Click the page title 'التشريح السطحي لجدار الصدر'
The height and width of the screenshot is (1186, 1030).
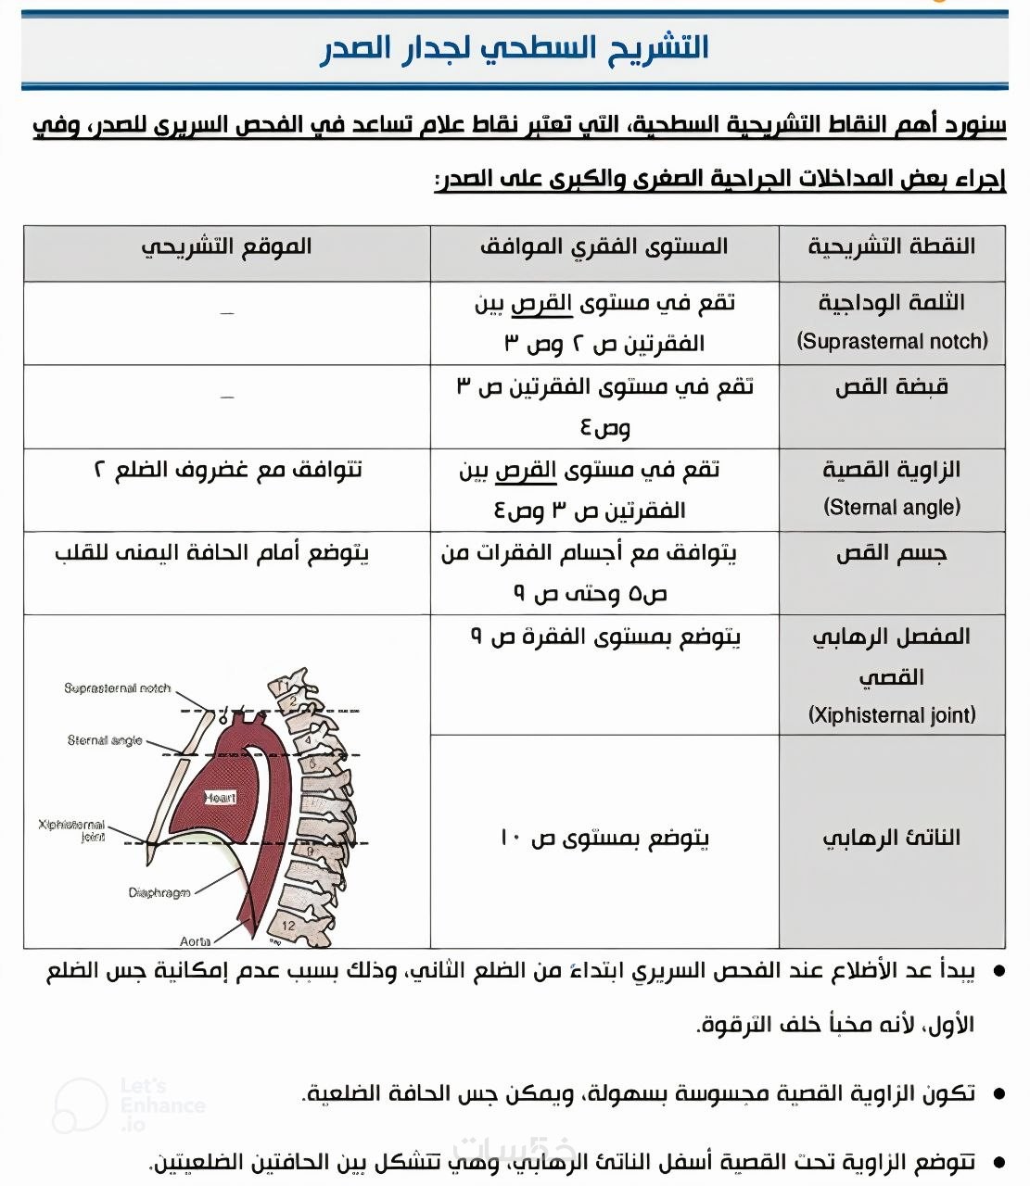click(x=515, y=48)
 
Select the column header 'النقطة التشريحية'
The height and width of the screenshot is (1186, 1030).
click(x=891, y=246)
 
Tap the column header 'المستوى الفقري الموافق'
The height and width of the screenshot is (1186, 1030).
click(x=604, y=246)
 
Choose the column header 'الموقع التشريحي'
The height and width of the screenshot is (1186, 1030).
click(x=226, y=246)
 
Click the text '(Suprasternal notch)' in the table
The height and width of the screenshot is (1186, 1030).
click(x=892, y=342)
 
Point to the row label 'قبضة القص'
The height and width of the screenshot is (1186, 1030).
click(x=892, y=387)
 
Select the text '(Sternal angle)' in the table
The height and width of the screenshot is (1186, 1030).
click(x=892, y=508)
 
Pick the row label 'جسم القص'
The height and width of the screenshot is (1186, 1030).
click(x=892, y=554)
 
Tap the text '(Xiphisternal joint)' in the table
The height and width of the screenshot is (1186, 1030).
click(x=892, y=715)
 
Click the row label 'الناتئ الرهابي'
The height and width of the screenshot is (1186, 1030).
click(x=892, y=838)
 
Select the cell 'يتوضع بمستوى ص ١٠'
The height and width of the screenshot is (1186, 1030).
click(x=604, y=839)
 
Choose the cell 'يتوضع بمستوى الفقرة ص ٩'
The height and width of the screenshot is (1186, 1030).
click(x=604, y=637)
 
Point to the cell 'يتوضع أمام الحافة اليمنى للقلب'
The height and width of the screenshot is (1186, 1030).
click(x=212, y=554)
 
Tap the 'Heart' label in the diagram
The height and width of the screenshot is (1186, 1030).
click(x=221, y=798)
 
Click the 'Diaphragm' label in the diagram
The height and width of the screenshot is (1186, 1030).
click(x=159, y=893)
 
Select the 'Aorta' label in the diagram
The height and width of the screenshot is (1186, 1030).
click(x=195, y=941)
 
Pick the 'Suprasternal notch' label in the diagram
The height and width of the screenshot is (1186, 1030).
click(x=118, y=688)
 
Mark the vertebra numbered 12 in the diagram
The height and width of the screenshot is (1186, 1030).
click(x=288, y=925)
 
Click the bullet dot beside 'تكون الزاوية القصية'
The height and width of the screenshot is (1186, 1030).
click(x=998, y=1094)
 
